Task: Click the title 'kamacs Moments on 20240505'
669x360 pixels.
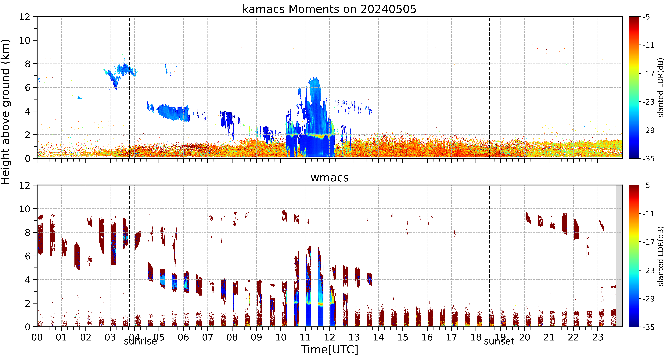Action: (x=329, y=9)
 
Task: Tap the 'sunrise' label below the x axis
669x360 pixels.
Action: (x=141, y=341)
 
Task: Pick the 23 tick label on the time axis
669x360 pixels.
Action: (x=598, y=337)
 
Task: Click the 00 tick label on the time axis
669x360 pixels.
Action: (x=37, y=337)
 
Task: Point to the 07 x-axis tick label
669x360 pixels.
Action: (x=208, y=337)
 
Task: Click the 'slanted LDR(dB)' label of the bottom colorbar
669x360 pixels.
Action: (x=661, y=256)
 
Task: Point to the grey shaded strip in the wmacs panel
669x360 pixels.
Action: (x=619, y=256)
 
